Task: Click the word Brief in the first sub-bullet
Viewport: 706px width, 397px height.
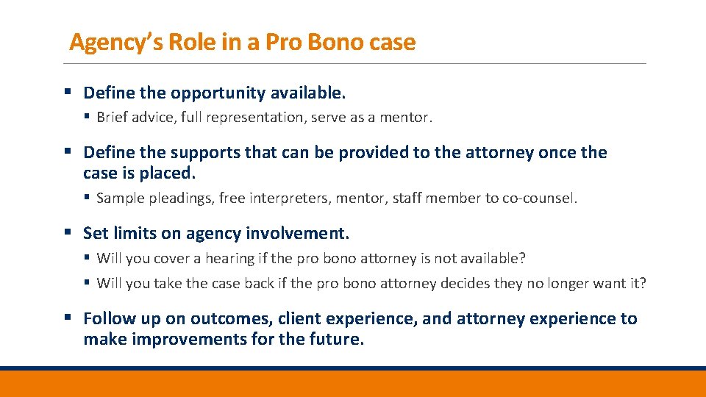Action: (113, 117)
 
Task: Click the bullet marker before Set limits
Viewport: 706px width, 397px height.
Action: (67, 233)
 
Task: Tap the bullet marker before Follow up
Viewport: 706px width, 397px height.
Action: (67, 318)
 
